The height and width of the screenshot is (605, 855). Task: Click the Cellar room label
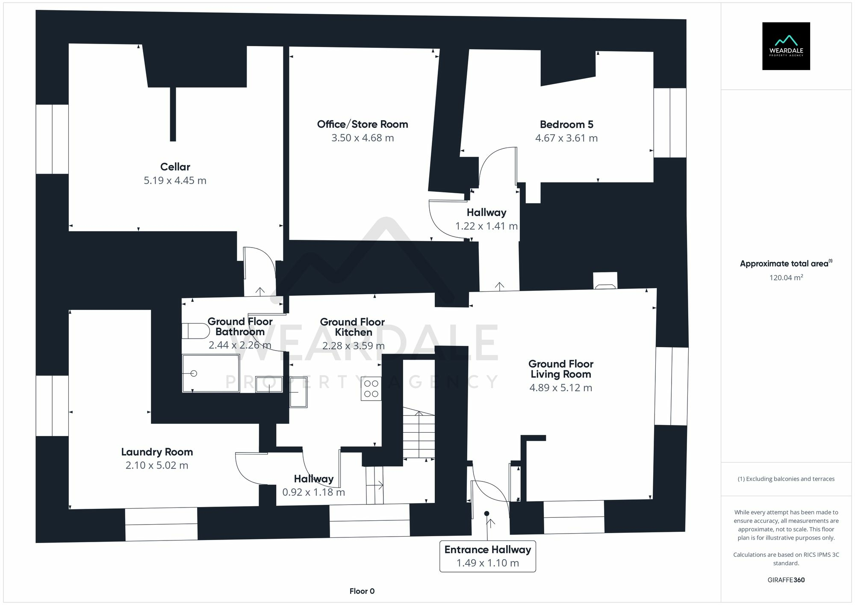[x=175, y=167]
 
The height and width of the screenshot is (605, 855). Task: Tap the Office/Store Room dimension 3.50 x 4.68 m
[x=363, y=138]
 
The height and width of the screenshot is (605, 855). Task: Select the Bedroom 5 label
[x=566, y=124]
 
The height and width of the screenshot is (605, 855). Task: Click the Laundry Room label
[x=157, y=452]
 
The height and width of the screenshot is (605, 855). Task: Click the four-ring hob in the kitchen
[x=371, y=389]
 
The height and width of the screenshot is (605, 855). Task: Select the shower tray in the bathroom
[x=210, y=373]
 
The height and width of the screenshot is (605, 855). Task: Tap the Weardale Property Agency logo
[x=786, y=46]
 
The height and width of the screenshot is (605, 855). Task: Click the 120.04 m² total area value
[x=786, y=278]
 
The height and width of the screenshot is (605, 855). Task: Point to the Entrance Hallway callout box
[x=487, y=556]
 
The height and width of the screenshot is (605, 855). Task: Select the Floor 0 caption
[x=362, y=591]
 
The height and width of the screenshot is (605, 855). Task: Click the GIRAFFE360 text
[x=786, y=580]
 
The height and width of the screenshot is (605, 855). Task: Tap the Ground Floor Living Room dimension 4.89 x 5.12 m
[x=560, y=388]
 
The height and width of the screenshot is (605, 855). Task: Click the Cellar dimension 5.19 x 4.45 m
[x=175, y=180]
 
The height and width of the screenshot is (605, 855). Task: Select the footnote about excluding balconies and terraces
[x=786, y=479]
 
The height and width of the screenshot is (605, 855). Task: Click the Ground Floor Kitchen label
[x=353, y=327]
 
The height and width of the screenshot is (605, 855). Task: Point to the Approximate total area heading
[x=786, y=264]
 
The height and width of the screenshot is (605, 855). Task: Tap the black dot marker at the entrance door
[x=486, y=514]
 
